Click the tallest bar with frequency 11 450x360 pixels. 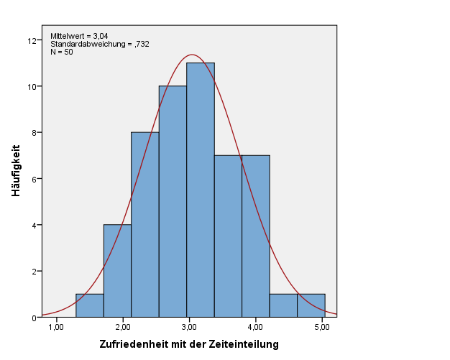(200, 190)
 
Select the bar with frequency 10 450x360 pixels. (173, 201)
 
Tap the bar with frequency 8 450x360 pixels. (144, 224)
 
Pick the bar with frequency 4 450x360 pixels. (117, 271)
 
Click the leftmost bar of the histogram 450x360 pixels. (89, 305)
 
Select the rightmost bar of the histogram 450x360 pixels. (311, 305)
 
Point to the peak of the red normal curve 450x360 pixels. (192, 55)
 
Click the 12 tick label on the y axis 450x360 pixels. (32, 40)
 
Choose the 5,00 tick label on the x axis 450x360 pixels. (321, 327)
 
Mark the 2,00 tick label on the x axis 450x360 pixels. (122, 327)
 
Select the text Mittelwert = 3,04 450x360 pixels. (79, 36)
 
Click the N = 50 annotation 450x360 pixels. (62, 52)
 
